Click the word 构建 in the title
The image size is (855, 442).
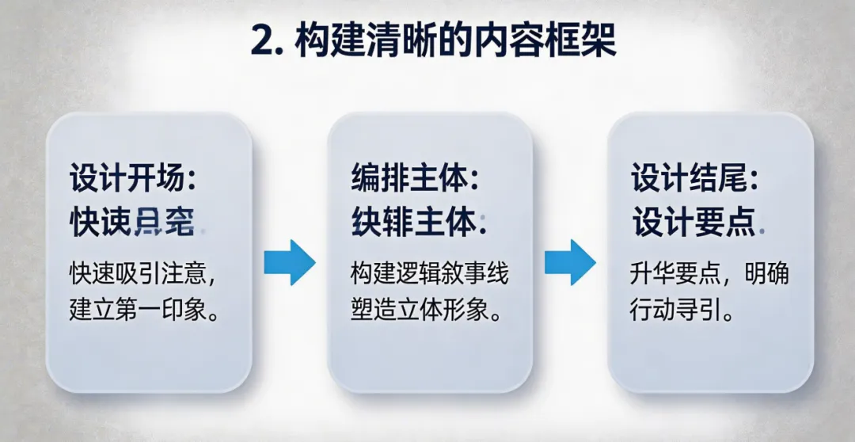(x=324, y=40)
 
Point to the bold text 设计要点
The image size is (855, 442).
(x=693, y=223)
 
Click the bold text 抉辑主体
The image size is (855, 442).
(x=413, y=223)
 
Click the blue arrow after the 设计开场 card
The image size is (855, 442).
(x=289, y=261)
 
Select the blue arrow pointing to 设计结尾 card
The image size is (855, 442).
(x=569, y=261)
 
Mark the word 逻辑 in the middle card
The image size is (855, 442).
(x=412, y=274)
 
